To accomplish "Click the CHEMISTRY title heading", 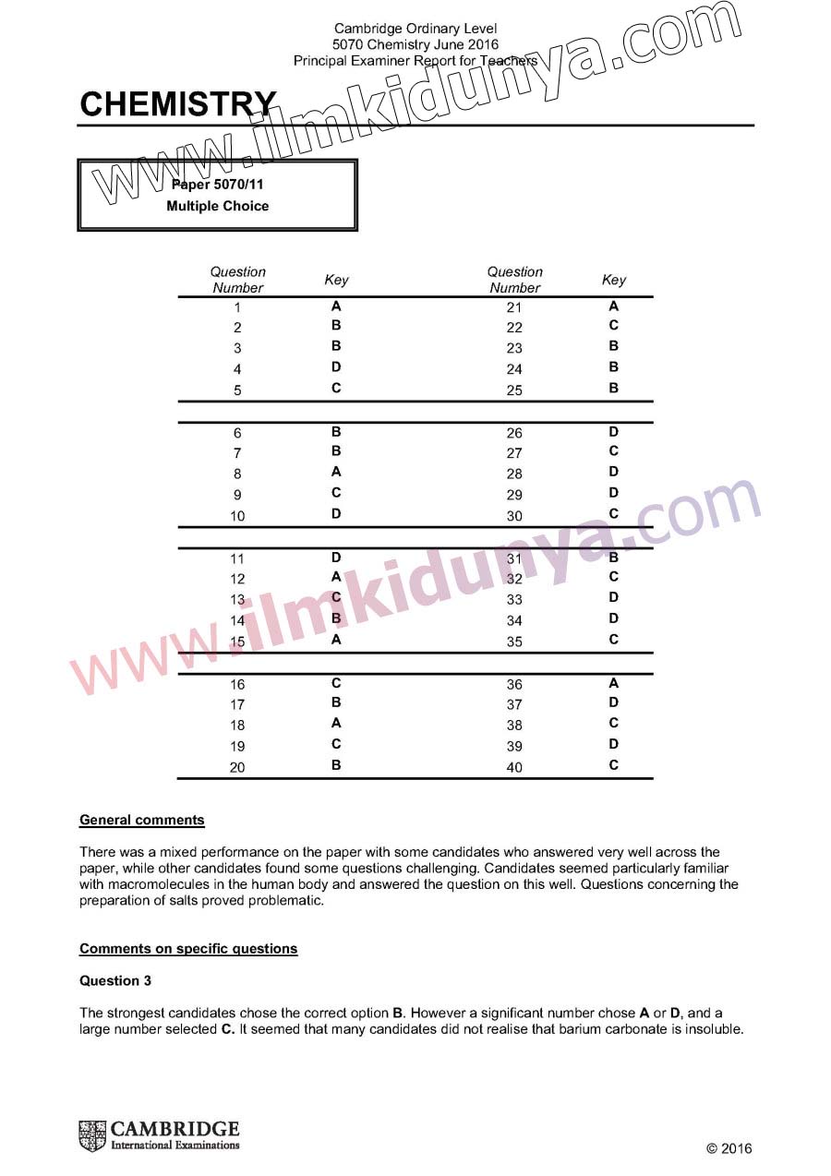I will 177,104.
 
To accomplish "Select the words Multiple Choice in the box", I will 218,206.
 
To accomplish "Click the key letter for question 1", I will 336,306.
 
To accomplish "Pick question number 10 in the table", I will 237,516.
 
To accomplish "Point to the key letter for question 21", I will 614,306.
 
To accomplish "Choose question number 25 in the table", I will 514,390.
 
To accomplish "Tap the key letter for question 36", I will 614,683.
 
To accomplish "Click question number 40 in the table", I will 514,767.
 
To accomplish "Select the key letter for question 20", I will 336,764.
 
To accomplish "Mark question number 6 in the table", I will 237,433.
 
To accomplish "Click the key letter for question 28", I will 614,472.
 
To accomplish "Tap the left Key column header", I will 336,280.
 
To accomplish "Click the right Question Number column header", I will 515,280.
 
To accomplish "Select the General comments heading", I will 142,820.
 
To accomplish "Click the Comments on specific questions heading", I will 188,948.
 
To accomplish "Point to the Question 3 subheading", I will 115,980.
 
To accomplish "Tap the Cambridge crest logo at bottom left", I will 93,1135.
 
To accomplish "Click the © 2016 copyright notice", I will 729,1148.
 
